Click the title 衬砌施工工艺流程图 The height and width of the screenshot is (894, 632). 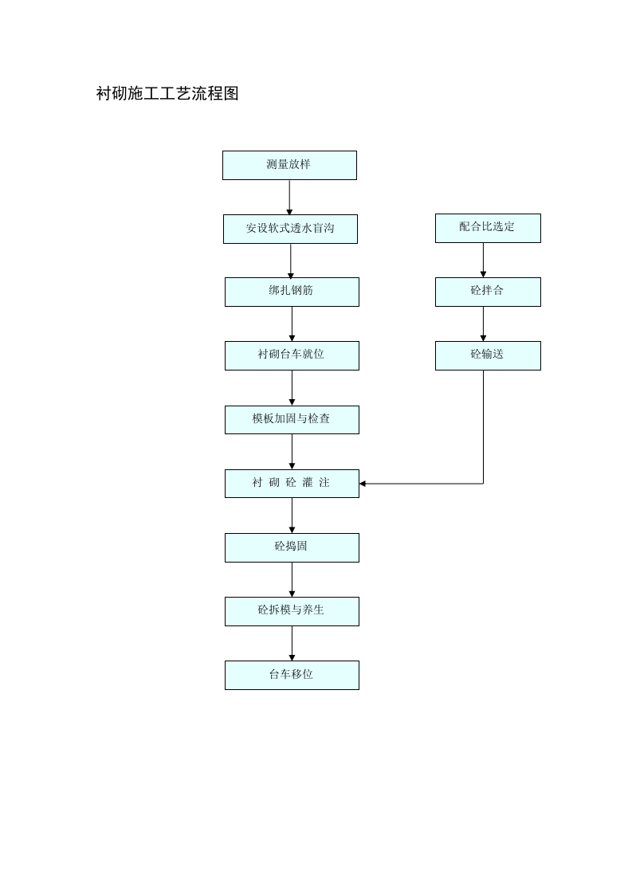(x=167, y=94)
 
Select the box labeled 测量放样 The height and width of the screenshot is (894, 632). (x=289, y=165)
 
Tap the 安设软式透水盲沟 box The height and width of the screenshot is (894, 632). (x=290, y=229)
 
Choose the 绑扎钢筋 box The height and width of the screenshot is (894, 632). (x=292, y=292)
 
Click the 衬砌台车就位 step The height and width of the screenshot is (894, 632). (x=292, y=355)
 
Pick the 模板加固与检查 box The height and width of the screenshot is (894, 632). (x=292, y=419)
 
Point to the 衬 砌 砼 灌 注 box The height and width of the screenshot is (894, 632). (x=292, y=484)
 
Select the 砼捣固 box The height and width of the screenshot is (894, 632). (x=292, y=547)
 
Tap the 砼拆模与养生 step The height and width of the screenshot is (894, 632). (x=292, y=611)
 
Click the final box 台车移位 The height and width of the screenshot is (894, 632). (x=292, y=675)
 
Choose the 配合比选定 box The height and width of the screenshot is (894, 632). (x=488, y=228)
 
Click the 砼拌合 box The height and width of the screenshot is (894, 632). (x=488, y=292)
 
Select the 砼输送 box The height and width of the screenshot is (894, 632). (x=488, y=355)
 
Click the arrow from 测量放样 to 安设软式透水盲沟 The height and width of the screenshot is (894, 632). (x=289, y=197)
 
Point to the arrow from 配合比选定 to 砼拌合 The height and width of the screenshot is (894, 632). (x=483, y=260)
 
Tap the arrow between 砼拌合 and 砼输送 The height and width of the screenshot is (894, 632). (x=483, y=323)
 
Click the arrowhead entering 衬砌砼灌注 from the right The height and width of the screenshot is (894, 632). (x=363, y=483)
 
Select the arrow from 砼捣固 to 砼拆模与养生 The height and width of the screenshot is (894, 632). (x=292, y=579)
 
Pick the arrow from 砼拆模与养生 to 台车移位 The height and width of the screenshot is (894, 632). (x=292, y=643)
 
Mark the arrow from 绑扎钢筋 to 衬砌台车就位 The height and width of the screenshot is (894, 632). (x=292, y=323)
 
